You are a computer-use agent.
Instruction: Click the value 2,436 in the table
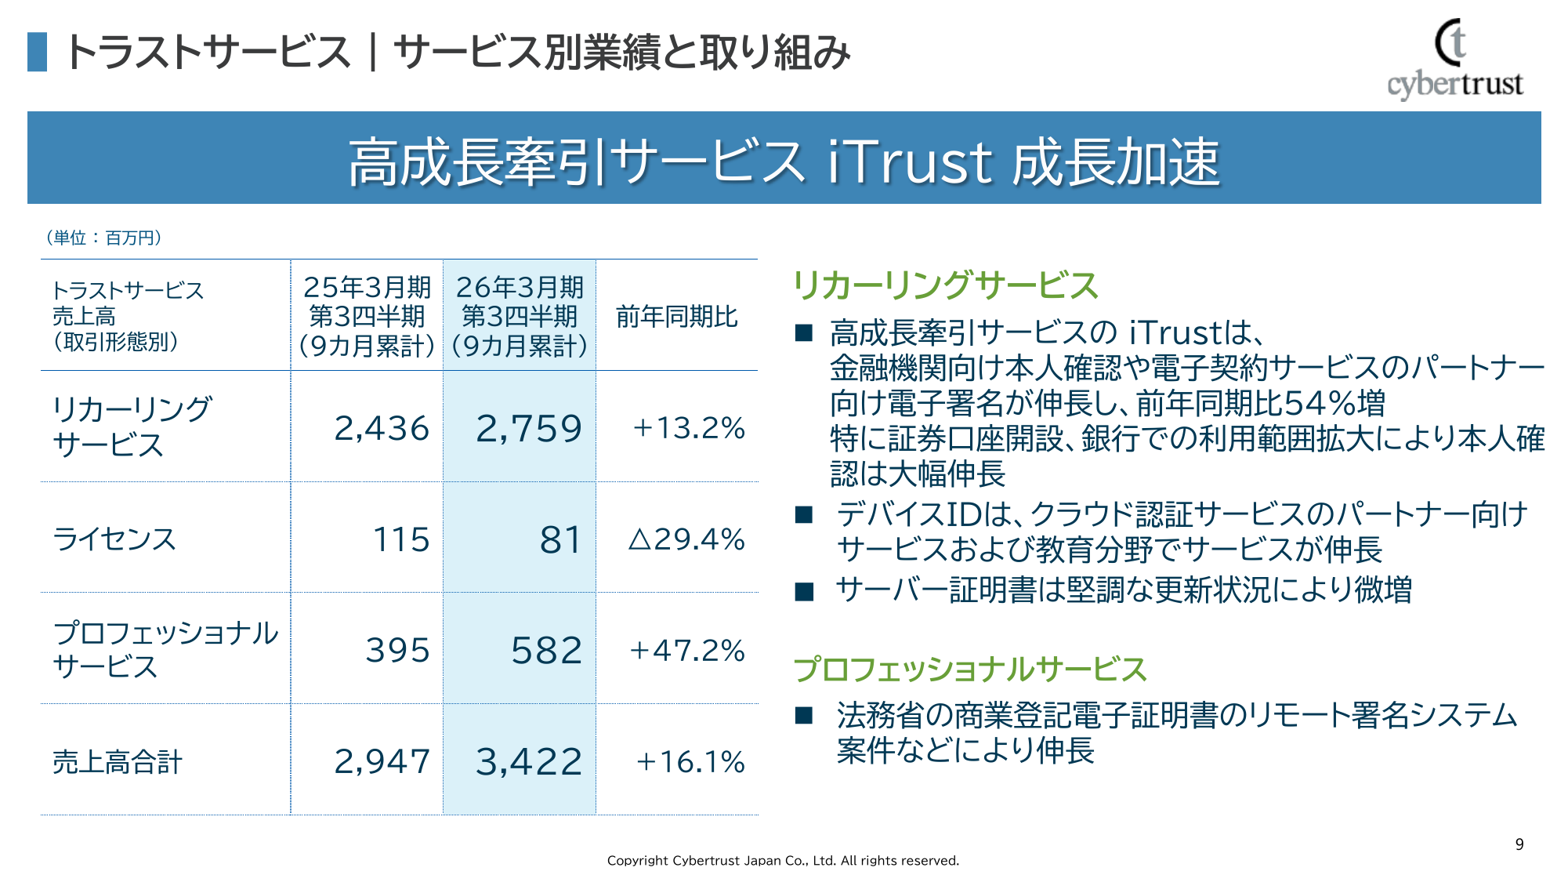tap(382, 428)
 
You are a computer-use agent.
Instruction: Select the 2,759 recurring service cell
tap(529, 428)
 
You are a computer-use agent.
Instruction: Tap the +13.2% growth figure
tap(689, 428)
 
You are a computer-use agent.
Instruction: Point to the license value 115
tap(401, 539)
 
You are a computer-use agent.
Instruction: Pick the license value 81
tap(560, 539)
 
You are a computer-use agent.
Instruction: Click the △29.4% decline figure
tap(686, 539)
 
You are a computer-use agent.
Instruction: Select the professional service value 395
tap(397, 650)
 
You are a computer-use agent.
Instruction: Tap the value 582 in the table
tap(546, 650)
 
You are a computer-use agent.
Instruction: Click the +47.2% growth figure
tap(687, 650)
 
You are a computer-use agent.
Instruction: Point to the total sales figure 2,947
tap(382, 761)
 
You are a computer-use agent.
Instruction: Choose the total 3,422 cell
tap(529, 761)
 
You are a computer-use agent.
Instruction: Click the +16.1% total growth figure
tap(690, 761)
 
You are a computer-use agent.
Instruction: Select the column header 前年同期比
tap(677, 317)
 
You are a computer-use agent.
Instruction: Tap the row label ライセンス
tap(114, 539)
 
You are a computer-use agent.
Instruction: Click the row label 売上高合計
tap(118, 761)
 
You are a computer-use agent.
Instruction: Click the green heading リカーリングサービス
tap(945, 285)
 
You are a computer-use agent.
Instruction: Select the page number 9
tap(1519, 844)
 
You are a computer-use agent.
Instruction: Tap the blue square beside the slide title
tap(37, 52)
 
